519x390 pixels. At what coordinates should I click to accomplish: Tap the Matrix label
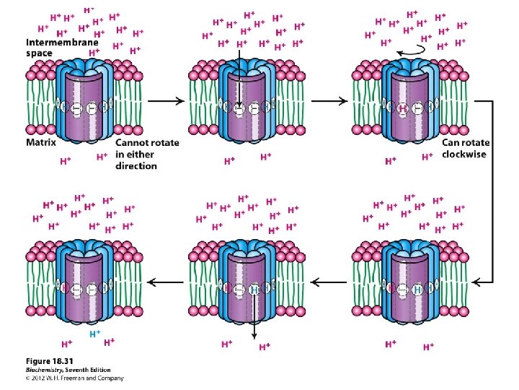41,143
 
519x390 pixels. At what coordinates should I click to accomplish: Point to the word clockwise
464,154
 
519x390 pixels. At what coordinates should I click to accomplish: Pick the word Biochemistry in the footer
44,369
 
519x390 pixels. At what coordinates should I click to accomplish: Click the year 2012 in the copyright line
40,378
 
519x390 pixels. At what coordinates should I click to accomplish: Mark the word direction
136,165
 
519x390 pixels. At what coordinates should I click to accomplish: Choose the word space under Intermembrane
40,53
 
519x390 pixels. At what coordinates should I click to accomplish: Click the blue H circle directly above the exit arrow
254,290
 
